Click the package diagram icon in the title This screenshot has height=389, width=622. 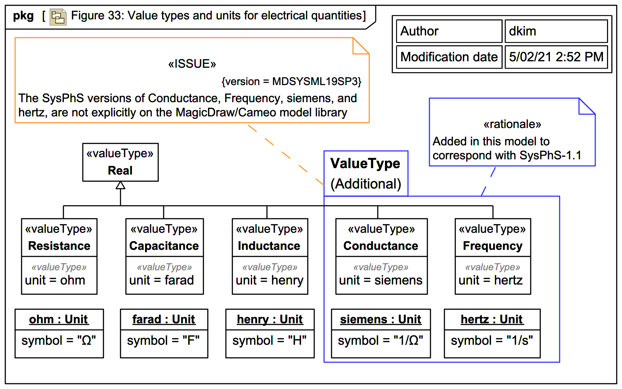click(58, 17)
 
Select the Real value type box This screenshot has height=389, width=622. click(120, 162)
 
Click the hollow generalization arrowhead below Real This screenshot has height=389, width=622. click(120, 185)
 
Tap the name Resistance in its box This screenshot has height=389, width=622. click(59, 246)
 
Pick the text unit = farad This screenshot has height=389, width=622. click(161, 280)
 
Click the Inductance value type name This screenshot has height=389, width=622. click(269, 246)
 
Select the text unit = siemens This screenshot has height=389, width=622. click(381, 280)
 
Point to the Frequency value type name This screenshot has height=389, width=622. click(493, 246)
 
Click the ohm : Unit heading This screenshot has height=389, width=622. click(59, 319)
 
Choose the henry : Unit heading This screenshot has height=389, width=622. click(270, 319)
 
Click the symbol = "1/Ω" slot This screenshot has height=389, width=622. click(380, 341)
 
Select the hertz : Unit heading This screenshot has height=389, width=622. click(492, 319)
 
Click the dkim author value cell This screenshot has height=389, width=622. click(556, 31)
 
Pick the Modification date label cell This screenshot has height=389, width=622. click(449, 57)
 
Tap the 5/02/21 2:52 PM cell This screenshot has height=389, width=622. click(556, 57)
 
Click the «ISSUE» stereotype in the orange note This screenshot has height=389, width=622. click(192, 64)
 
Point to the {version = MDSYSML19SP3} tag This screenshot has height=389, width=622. click(291, 81)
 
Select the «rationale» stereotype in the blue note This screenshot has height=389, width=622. click(512, 124)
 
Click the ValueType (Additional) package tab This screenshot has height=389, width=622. click(366, 174)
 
